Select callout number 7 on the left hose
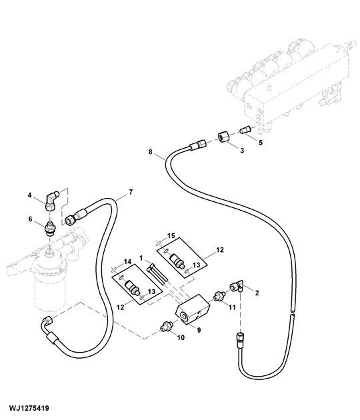[130, 193]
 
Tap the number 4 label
[30, 195]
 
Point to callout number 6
[30, 219]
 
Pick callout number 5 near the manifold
[260, 142]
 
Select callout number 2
[257, 293]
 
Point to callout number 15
[171, 236]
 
